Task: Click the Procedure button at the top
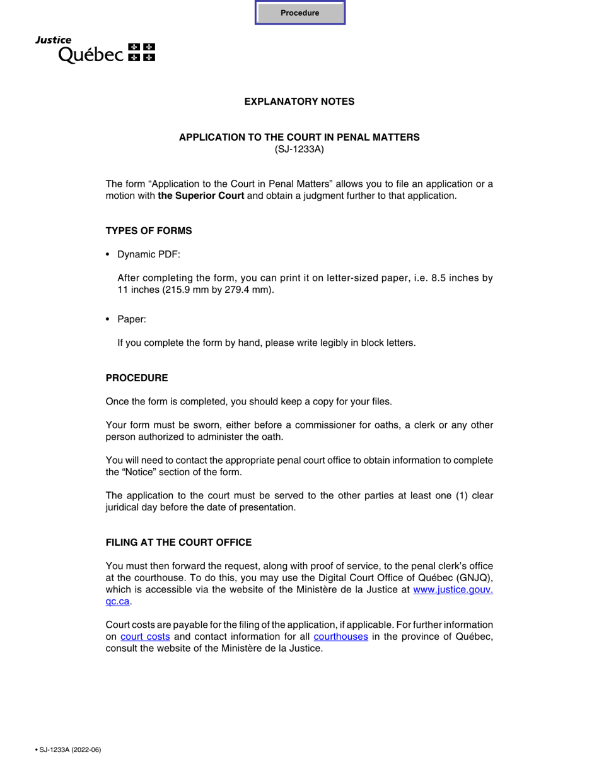point(300,13)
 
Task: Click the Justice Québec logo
point(95,49)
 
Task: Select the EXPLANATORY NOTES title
point(299,102)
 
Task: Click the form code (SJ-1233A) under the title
point(299,150)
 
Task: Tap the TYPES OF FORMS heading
point(149,231)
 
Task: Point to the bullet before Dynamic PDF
point(108,254)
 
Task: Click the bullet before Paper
point(108,320)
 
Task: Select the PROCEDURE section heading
point(137,378)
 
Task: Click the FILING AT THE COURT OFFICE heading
point(178,543)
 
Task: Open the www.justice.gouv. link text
point(453,590)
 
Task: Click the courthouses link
point(340,637)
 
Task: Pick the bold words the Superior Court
point(201,196)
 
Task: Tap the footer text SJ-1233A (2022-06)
point(69,750)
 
